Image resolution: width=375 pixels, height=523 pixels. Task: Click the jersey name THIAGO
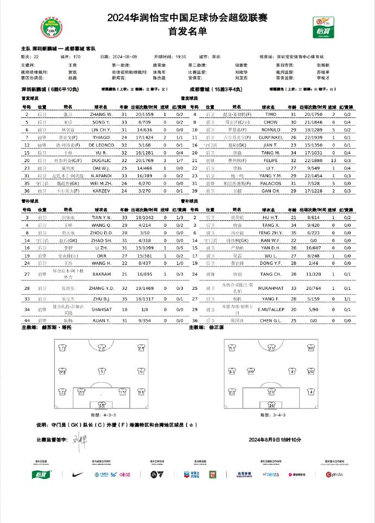point(101,138)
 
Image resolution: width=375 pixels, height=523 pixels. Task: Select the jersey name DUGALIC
point(101,161)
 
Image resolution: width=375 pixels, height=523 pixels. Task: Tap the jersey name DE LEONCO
point(101,146)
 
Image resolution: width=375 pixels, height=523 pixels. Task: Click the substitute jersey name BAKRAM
point(101,275)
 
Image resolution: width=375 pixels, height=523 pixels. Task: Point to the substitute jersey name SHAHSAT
point(101,310)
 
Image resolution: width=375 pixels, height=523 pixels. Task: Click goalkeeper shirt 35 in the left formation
point(101,405)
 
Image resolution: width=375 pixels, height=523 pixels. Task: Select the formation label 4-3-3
point(101,414)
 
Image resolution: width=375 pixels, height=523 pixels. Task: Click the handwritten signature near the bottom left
point(81,438)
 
